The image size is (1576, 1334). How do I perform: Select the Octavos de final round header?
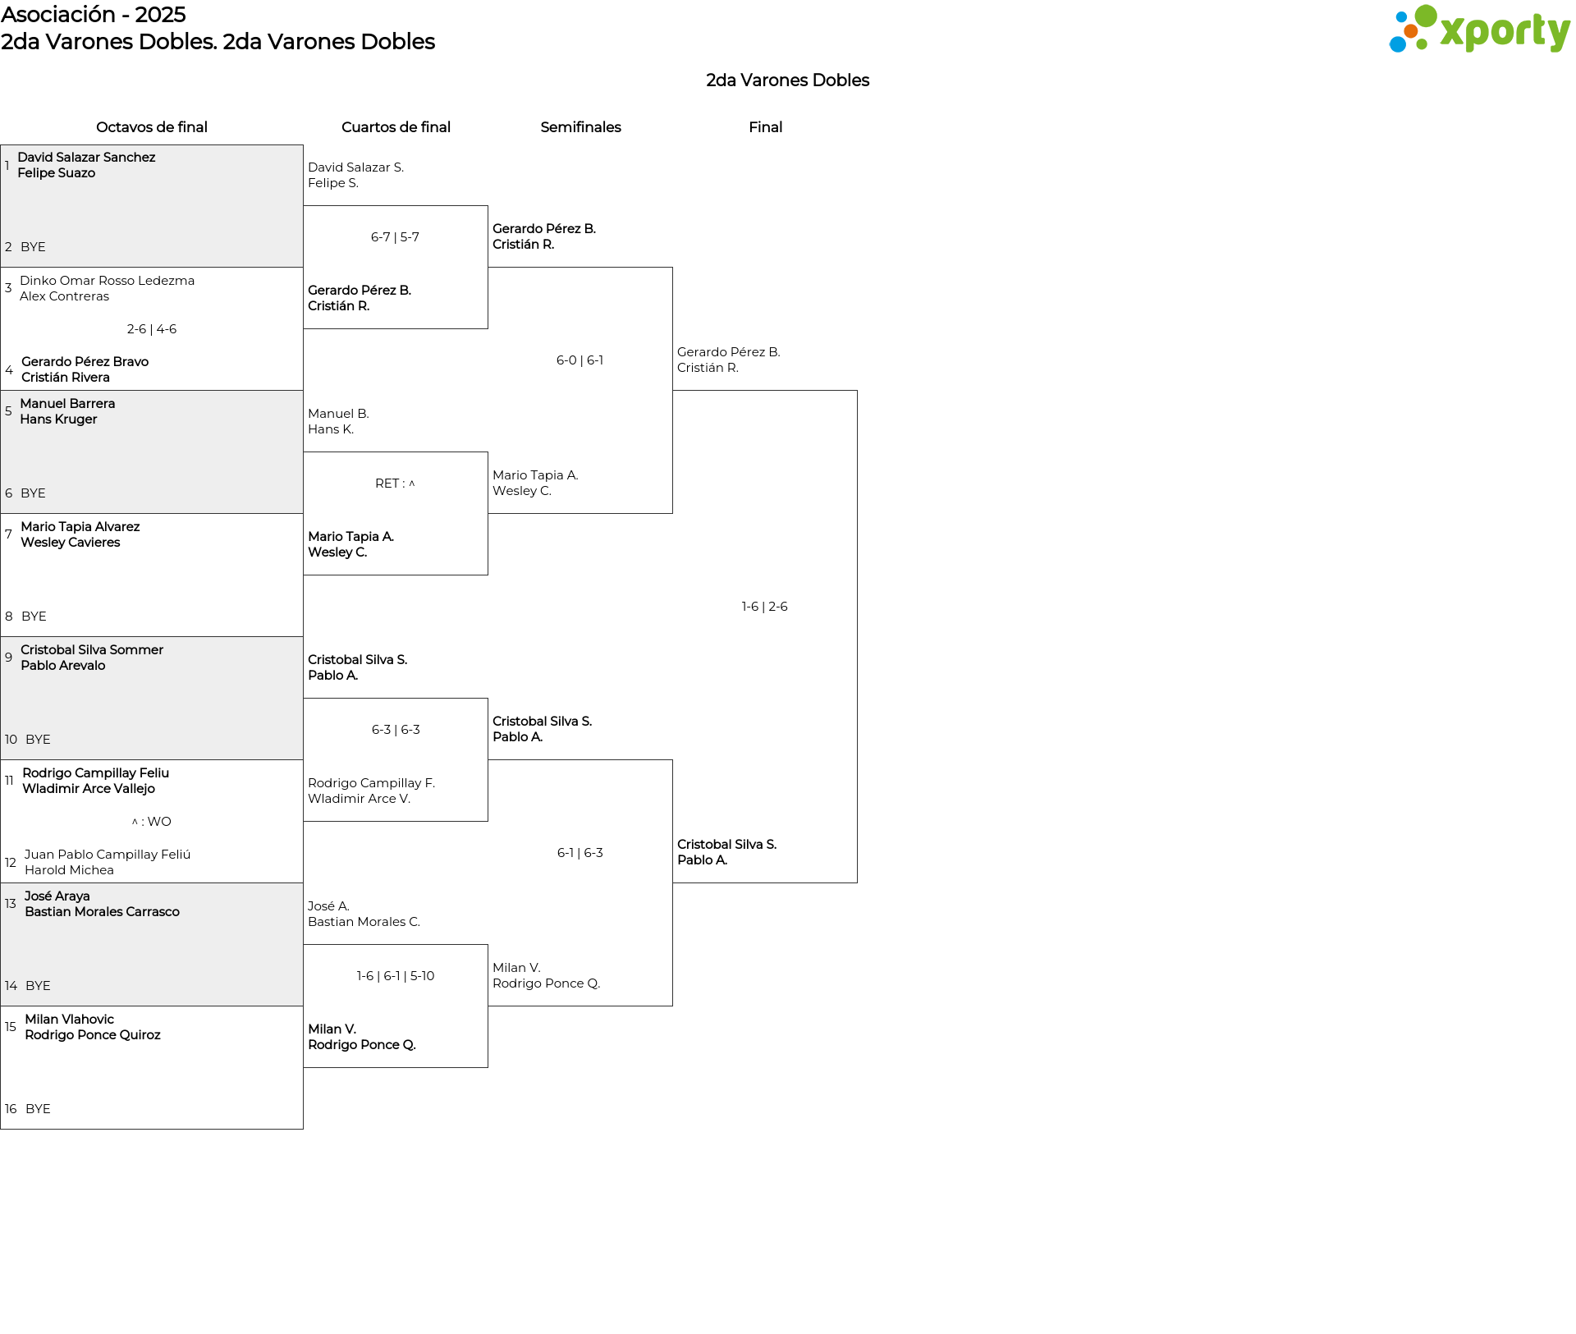(152, 127)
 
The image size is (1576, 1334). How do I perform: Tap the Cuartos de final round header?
(396, 127)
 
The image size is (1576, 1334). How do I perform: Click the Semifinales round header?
(580, 127)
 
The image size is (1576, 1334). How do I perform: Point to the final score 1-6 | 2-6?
(764, 607)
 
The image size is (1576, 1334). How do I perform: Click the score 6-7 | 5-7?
(395, 237)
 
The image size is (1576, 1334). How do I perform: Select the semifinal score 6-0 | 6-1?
(580, 360)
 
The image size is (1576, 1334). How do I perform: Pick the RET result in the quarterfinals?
(395, 484)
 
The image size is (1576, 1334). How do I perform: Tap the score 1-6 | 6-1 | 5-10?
(395, 976)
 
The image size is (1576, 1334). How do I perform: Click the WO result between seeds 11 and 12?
(152, 822)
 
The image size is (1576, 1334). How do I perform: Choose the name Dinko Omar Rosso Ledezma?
(107, 281)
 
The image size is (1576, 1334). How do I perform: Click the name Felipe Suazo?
(56, 173)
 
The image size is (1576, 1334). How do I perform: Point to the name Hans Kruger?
(58, 419)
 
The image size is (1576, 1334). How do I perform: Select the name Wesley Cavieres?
(70, 543)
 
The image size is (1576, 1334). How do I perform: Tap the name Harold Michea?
(69, 870)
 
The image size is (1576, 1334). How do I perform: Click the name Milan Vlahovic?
(69, 1020)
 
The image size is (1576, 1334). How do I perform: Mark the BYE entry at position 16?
(38, 1109)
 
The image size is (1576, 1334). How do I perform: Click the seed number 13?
(11, 904)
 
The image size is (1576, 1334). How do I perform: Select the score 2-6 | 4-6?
(152, 329)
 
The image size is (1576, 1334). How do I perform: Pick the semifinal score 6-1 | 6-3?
(580, 853)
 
